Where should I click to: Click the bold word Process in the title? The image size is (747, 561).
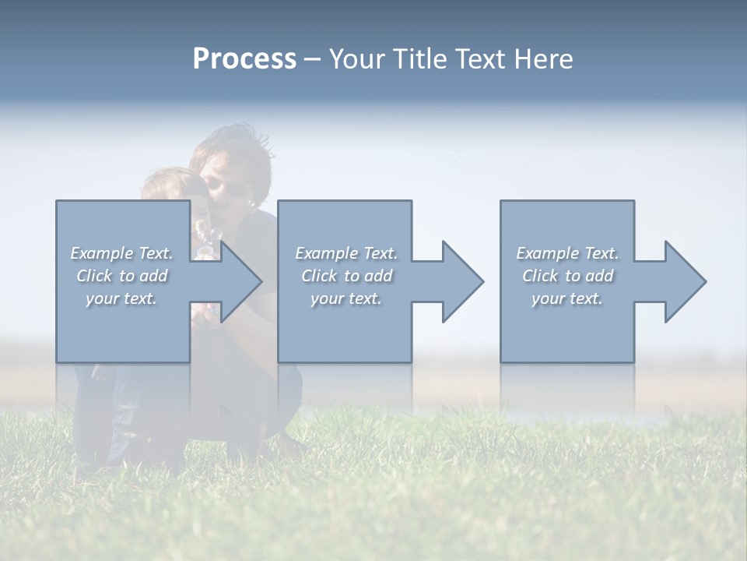pyautogui.click(x=244, y=59)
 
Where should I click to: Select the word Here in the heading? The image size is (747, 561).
pyautogui.click(x=544, y=59)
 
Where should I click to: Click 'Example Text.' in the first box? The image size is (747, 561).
pyautogui.click(x=122, y=253)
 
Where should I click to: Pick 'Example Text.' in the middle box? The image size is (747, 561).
pyautogui.click(x=346, y=253)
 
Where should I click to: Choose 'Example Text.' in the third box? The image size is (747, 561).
pyautogui.click(x=567, y=253)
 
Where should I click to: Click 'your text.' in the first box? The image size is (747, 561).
pyautogui.click(x=122, y=298)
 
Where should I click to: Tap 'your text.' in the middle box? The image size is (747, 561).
pyautogui.click(x=346, y=298)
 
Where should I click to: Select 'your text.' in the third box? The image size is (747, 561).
pyautogui.click(x=567, y=298)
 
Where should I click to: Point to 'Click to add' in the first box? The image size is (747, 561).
pyautogui.click(x=122, y=276)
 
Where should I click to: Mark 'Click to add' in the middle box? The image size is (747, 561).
pyautogui.click(x=346, y=276)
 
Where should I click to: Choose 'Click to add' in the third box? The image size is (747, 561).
pyautogui.click(x=567, y=276)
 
